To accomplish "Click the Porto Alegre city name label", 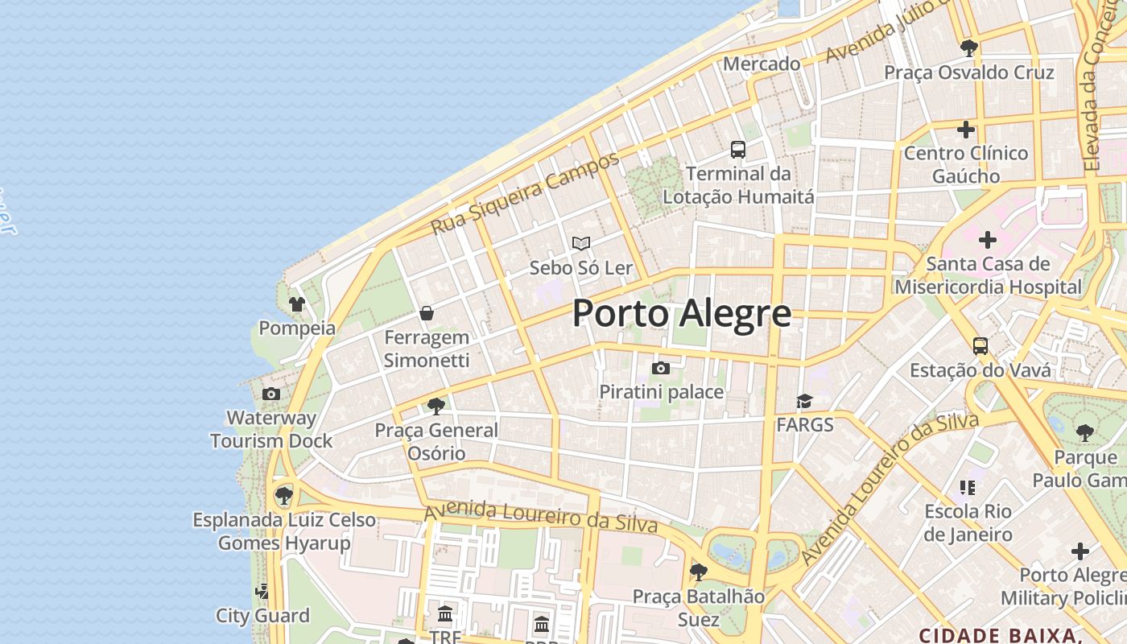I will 681,313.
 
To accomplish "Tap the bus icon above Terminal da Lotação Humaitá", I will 737,149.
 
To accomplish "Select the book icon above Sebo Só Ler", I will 580,243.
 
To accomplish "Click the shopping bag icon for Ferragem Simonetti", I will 427,312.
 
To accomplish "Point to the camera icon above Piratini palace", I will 660,369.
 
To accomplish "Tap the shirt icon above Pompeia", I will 297,304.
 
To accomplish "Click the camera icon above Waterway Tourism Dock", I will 271,394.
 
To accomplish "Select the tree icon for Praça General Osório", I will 436,406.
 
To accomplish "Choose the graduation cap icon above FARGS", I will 803,401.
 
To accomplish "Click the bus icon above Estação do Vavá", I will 980,346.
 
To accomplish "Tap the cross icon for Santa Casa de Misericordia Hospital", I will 987,240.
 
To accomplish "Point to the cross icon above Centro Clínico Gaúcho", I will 965,129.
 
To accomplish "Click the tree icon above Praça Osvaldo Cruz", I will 968,47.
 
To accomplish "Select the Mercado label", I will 762,64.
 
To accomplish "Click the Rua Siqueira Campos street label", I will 525,193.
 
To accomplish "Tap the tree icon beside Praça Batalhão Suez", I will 698,572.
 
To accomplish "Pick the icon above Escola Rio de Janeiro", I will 967,487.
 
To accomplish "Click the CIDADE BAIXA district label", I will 998,634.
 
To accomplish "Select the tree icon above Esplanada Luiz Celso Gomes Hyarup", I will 283,495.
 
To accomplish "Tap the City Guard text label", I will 262,616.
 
